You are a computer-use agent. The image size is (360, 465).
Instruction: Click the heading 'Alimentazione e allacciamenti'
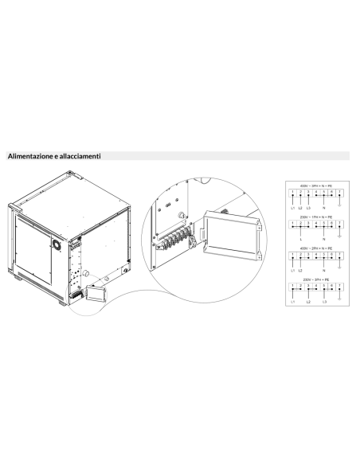[x=54, y=157]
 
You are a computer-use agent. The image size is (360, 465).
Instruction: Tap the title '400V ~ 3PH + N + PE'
[x=315, y=186]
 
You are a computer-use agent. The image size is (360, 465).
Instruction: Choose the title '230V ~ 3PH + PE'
[x=315, y=279]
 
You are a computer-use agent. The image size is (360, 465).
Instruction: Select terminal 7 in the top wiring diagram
[x=340, y=193]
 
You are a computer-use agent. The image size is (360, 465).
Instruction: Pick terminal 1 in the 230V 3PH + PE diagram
[x=292, y=286]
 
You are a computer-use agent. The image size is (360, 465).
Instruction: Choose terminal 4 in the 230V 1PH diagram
[x=315, y=224]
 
